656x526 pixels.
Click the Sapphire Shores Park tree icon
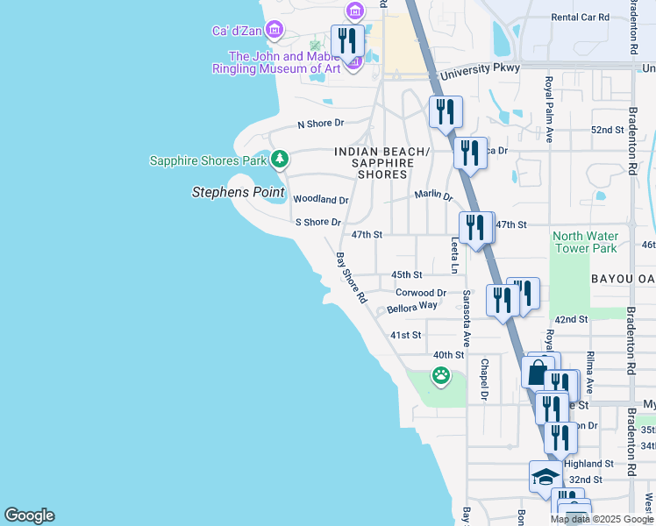click(x=279, y=159)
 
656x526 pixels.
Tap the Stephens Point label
click(x=239, y=191)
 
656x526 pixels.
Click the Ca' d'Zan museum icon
click(x=275, y=31)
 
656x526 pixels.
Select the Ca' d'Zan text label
click(x=238, y=31)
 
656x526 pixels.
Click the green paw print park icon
click(x=440, y=376)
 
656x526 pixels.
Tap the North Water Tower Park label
click(x=586, y=241)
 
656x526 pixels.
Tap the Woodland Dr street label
click(x=320, y=200)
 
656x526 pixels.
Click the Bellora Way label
click(x=412, y=307)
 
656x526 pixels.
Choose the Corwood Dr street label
click(x=421, y=293)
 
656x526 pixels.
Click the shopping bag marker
click(x=538, y=372)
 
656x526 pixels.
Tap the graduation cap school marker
click(x=545, y=478)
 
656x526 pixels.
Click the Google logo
click(x=29, y=515)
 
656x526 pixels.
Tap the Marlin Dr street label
click(x=433, y=196)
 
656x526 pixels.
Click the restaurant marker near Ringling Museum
click(x=347, y=40)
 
